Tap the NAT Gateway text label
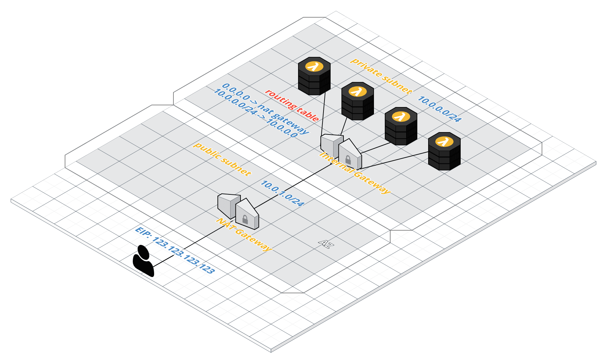(244, 235)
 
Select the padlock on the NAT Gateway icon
(245, 220)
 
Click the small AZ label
(325, 244)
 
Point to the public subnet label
(222, 159)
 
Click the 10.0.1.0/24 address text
(282, 193)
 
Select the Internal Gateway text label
(355, 173)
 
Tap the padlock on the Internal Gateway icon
(348, 160)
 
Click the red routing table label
(292, 105)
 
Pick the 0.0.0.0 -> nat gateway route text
(266, 108)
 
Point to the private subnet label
(381, 76)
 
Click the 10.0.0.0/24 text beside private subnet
(439, 109)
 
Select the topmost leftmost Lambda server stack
(314, 76)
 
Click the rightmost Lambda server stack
(444, 151)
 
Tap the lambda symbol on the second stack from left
(357, 91)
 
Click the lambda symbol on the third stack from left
(401, 117)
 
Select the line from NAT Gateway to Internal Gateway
(291, 186)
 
